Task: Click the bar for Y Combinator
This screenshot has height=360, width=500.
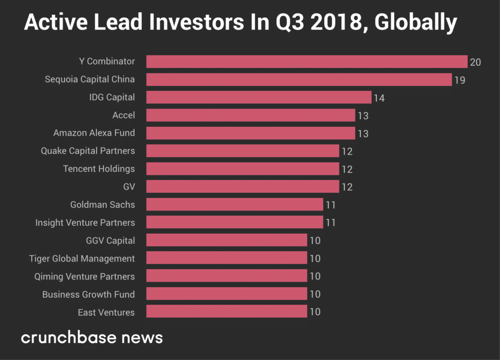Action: point(307,61)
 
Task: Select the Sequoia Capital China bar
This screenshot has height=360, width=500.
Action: point(299,80)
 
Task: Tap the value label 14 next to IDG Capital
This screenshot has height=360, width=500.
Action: point(379,98)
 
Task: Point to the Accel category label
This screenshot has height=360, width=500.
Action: point(124,115)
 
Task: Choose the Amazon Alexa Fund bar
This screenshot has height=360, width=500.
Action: point(250,133)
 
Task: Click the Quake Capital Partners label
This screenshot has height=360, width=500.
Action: point(88,151)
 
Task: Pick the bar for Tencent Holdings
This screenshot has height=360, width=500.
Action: point(243,169)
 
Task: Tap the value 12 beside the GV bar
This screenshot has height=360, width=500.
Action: point(347,187)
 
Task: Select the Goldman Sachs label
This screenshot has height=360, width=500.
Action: point(103,204)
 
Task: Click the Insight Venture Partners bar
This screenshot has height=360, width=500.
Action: point(234,222)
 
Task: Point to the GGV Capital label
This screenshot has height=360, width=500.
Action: point(110,240)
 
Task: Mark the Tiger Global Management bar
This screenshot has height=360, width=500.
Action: point(227,258)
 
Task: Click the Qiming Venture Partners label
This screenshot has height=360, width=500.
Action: point(84,276)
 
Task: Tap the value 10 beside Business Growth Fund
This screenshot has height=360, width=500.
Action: point(315,294)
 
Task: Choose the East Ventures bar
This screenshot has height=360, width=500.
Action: point(227,312)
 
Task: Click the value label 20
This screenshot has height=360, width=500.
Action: point(475,62)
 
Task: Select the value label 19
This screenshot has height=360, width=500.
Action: point(459,80)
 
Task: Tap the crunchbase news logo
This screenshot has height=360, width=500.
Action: point(92,338)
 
